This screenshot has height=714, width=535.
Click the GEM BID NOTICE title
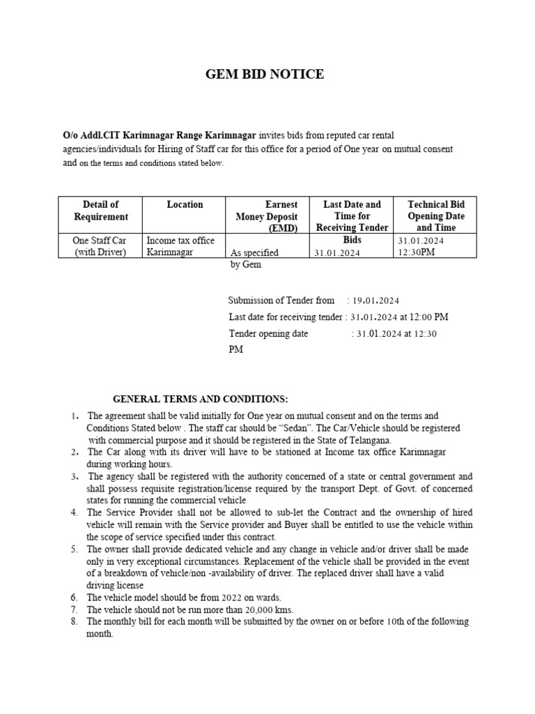[x=265, y=75]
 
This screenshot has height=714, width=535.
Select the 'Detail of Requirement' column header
[x=100, y=210]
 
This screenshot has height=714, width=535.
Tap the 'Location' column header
[x=185, y=204]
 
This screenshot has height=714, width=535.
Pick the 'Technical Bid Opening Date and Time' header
[x=435, y=216]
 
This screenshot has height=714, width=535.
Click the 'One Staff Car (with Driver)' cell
[x=100, y=246]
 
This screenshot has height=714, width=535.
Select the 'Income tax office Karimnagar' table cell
[x=180, y=246]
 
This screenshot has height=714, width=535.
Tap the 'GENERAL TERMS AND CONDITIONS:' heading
[x=200, y=399]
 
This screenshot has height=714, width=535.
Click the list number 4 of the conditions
[x=74, y=512]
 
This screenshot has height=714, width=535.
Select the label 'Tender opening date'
[x=268, y=334]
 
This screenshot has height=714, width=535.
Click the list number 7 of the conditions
[x=74, y=610]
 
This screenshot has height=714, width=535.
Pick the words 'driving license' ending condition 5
[x=115, y=586]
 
